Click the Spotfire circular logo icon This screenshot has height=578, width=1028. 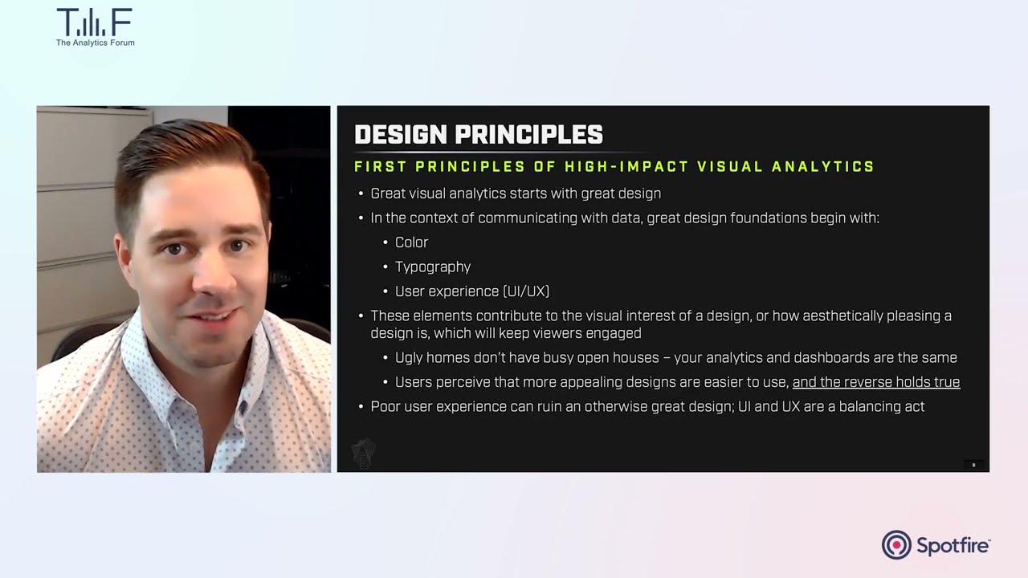(x=896, y=545)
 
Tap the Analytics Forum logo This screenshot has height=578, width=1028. (x=95, y=27)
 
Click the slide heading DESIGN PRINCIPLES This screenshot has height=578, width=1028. (x=479, y=135)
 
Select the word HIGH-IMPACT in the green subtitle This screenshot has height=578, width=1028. (x=626, y=167)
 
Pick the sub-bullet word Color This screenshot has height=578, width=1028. (x=411, y=242)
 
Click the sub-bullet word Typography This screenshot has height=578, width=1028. (x=432, y=267)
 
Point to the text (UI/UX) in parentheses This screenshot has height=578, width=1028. (x=525, y=291)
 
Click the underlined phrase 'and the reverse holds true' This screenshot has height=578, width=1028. (x=875, y=382)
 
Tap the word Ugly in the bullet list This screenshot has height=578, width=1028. (x=410, y=358)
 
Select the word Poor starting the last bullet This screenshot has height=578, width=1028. (x=385, y=407)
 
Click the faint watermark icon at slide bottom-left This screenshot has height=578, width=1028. (x=364, y=454)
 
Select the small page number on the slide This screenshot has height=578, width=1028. (x=973, y=465)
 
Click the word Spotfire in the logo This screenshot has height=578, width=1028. (x=953, y=546)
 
